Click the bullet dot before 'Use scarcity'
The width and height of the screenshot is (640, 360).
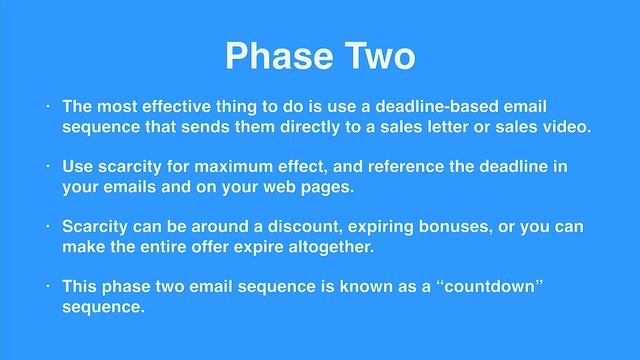point(47,166)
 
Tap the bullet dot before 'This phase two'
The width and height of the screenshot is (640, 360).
point(47,287)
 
